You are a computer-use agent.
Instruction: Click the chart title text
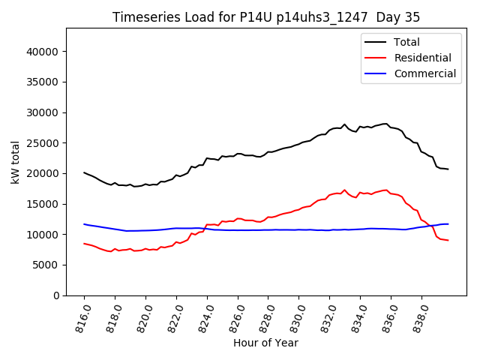pyautogui.click(x=266, y=17)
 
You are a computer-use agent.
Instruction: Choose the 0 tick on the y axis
pyautogui.click(x=57, y=295)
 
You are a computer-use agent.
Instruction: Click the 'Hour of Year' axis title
pyautogui.click(x=265, y=343)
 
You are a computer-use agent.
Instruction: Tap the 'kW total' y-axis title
pyautogui.click(x=15, y=161)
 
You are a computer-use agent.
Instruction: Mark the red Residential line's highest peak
pyautogui.click(x=344, y=190)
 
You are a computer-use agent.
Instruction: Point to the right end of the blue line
pyautogui.click(x=448, y=223)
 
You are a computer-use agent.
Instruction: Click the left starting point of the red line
pyautogui.click(x=84, y=243)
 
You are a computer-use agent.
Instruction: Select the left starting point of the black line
pyautogui.click(x=84, y=172)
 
